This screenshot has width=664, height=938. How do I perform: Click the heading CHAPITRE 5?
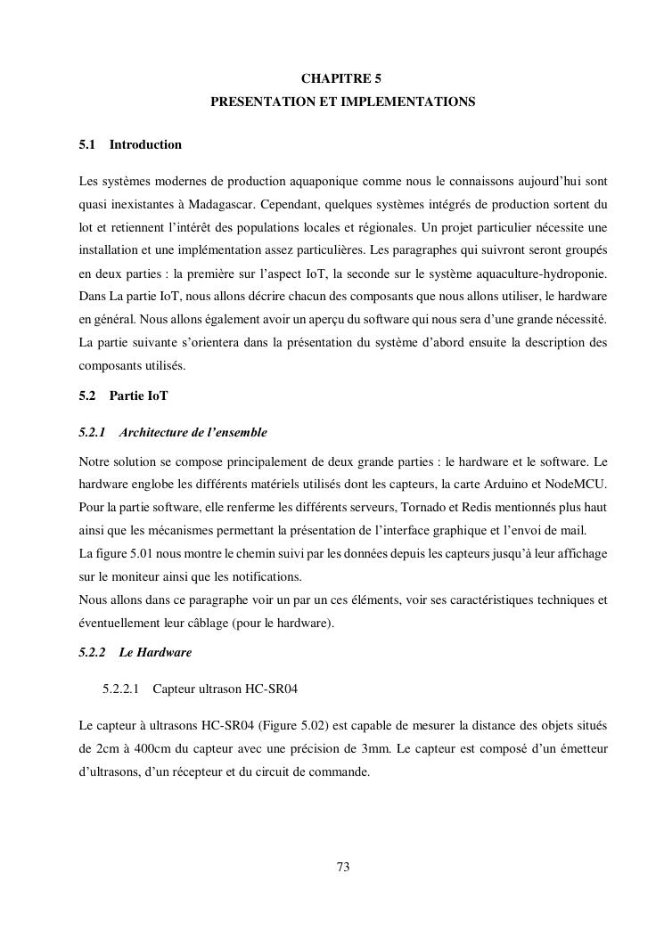[342, 79]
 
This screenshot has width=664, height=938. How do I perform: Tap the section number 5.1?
[86, 144]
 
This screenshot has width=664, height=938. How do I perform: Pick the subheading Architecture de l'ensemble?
[193, 433]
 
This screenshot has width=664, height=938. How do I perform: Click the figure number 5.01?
[138, 553]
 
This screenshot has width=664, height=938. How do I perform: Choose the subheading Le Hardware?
[155, 652]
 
